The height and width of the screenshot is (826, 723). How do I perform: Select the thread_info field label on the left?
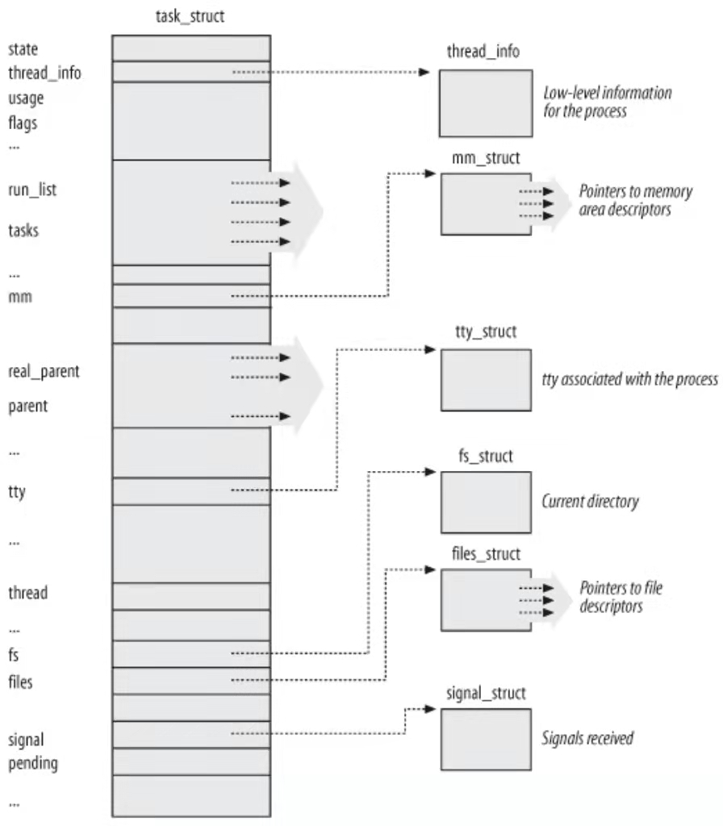click(44, 73)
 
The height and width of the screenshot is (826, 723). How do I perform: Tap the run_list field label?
click(32, 191)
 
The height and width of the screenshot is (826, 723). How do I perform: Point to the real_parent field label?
click(44, 373)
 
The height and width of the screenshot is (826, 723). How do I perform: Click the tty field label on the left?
click(17, 490)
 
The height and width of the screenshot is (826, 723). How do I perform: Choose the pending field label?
click(32, 762)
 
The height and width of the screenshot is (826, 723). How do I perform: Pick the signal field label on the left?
click(26, 739)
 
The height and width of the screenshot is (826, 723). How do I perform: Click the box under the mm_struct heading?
click(486, 203)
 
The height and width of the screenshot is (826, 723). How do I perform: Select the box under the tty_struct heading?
click(486, 380)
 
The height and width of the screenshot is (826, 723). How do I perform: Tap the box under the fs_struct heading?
click(486, 503)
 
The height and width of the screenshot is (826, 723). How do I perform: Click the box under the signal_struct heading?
click(486, 739)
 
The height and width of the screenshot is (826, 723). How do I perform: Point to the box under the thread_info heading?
click(486, 102)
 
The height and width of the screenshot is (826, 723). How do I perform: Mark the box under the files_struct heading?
click(486, 599)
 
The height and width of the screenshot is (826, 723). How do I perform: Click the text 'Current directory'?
click(590, 502)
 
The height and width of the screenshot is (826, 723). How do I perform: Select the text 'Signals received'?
click(587, 738)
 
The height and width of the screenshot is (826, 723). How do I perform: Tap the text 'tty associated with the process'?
click(629, 380)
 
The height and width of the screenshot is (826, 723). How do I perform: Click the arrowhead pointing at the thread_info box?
click(425, 73)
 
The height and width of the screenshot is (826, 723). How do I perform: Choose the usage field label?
click(26, 98)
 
